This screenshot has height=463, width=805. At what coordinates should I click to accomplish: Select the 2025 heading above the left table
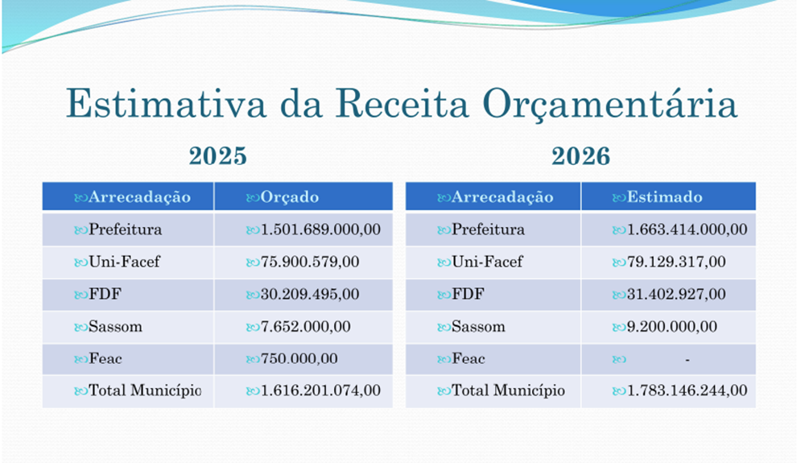pos(217,156)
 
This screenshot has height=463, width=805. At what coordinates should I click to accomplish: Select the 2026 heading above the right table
pos(580,156)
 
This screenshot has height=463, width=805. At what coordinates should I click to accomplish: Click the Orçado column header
pos(289,197)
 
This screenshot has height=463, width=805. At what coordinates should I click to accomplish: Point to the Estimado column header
pos(664,197)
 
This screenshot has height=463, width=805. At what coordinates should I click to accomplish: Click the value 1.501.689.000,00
pos(320,229)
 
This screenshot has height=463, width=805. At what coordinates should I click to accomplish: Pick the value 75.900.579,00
pos(310,262)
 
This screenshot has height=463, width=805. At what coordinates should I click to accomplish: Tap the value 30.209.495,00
pos(310,294)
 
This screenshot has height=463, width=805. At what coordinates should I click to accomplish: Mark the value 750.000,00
pos(299,358)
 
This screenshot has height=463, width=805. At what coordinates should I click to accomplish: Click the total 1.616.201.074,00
pos(320,391)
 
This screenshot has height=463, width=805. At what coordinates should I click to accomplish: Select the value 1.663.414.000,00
pos(687,229)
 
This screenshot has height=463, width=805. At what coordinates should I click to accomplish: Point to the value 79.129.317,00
pos(676,262)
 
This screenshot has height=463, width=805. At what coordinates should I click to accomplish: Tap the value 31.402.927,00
pos(676,294)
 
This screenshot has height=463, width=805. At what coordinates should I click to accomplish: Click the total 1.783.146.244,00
pos(687,391)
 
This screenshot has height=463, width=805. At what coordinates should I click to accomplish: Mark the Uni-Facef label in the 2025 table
pos(124,262)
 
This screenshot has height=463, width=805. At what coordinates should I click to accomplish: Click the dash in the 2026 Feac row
pos(687,359)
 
